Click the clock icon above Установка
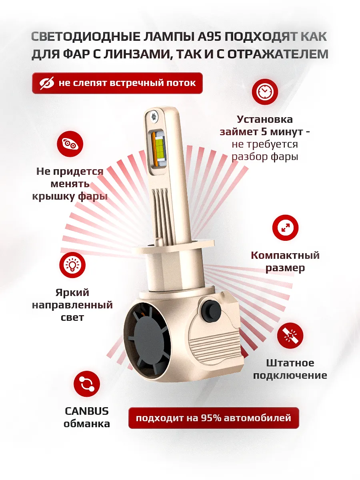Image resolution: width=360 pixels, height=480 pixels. point(264,92)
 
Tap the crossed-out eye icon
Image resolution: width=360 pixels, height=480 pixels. point(47,83)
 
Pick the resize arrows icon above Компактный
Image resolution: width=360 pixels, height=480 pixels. point(285,228)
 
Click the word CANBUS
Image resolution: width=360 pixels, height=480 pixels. point(86,411)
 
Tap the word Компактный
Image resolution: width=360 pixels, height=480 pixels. point(285,255)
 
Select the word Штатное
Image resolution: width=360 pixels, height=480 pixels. point(290,363)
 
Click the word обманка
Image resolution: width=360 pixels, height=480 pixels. point(87,424)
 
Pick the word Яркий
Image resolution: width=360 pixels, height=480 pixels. point(72,293)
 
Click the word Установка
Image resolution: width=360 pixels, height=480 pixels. point(264,119)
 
